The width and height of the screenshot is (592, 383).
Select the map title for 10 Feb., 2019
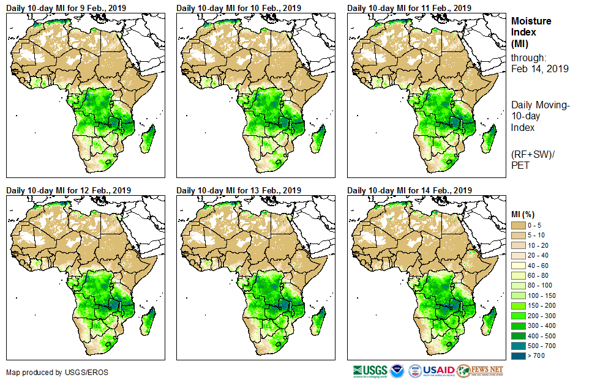pyautogui.click(x=238, y=8)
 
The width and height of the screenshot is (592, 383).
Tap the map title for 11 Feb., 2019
pyautogui.click(x=409, y=8)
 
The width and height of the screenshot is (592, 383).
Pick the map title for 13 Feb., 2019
pyautogui.click(x=239, y=189)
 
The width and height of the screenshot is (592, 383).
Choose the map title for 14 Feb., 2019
pyautogui.click(x=409, y=189)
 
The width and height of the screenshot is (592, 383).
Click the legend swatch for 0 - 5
pyautogui.click(x=519, y=226)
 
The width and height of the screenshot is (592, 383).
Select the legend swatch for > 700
pyautogui.click(x=519, y=355)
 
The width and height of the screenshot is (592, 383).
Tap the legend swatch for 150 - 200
pyautogui.click(x=519, y=305)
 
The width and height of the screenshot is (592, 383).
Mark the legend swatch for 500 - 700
pyautogui.click(x=519, y=345)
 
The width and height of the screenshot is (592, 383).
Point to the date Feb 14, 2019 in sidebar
pyautogui.click(x=539, y=69)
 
